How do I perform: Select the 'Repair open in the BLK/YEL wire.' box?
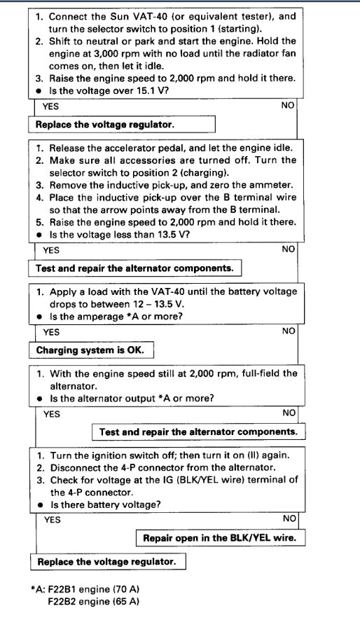(220, 538)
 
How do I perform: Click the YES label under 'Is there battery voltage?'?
(53, 520)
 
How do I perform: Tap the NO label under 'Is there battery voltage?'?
(289, 518)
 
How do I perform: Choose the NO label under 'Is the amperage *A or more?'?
(289, 331)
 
